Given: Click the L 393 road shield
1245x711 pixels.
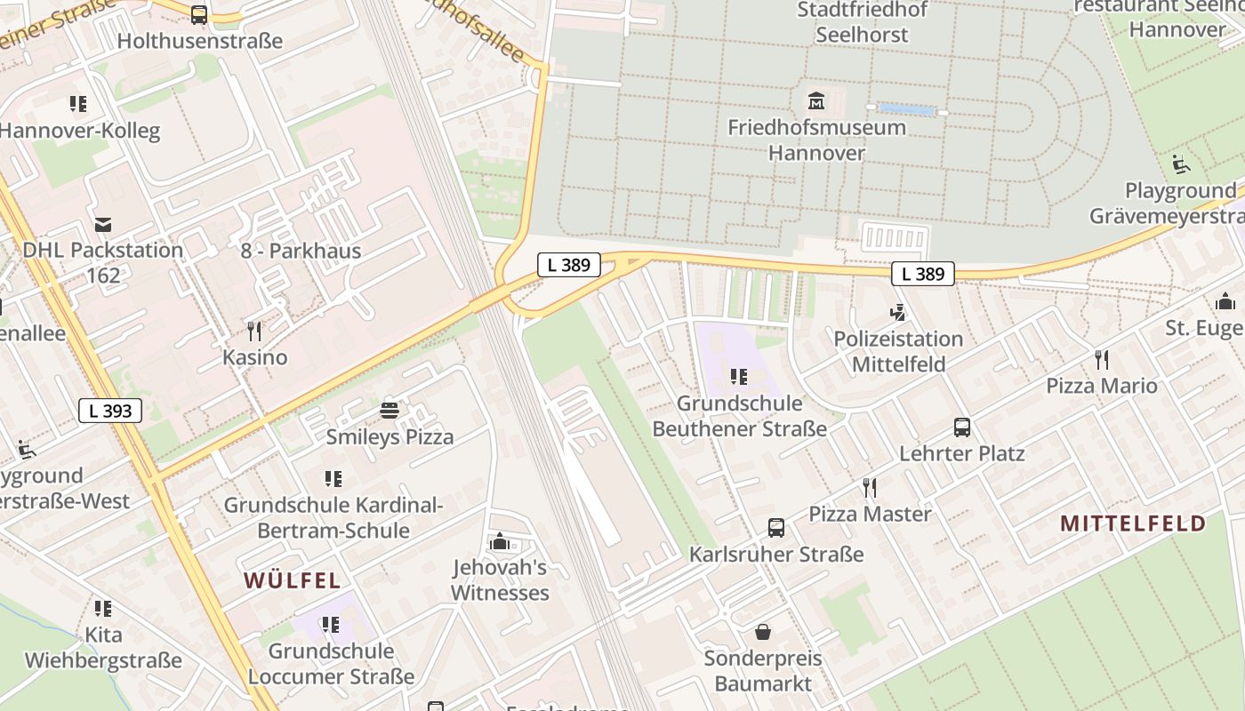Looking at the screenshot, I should (x=110, y=411).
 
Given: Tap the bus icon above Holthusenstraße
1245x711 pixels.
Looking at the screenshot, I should (x=199, y=14).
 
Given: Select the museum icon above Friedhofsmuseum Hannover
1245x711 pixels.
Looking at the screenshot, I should (x=815, y=100).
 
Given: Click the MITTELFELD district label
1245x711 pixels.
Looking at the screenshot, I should (x=1133, y=523).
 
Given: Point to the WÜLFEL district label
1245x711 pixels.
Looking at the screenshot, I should (x=293, y=581).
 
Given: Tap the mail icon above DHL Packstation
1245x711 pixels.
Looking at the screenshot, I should (x=103, y=224).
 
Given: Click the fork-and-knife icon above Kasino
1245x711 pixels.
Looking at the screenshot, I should (x=254, y=332).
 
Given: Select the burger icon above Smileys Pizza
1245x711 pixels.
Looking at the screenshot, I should (x=390, y=411).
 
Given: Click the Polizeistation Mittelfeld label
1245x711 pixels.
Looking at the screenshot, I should (x=898, y=351).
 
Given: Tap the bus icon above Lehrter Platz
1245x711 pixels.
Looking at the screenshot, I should (x=962, y=427).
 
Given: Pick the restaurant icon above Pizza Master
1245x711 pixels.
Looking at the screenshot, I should (x=870, y=488).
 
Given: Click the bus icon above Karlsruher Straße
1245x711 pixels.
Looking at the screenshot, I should (x=776, y=528).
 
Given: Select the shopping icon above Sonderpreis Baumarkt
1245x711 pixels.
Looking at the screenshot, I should (x=763, y=633).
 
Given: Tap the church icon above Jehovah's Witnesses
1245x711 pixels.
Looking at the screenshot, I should (x=500, y=541).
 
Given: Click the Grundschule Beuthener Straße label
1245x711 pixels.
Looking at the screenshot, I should (x=739, y=416).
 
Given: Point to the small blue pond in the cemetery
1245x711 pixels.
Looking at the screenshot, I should (x=907, y=110).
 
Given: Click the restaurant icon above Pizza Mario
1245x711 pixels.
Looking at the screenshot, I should (x=1102, y=359).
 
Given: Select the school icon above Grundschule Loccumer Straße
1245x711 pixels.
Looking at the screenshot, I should (x=331, y=625).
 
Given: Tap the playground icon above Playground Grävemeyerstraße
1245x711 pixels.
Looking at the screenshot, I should (x=1180, y=164).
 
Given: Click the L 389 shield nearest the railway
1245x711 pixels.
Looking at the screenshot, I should (x=569, y=264).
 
